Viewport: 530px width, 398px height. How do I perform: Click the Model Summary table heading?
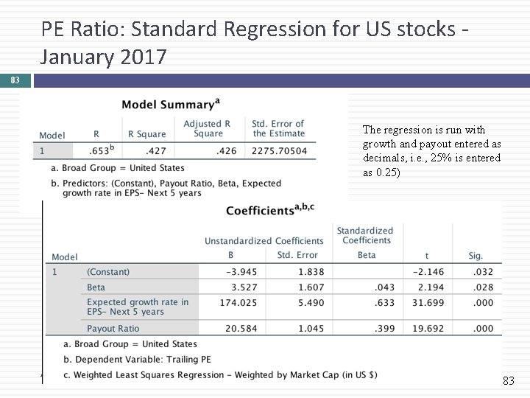coord(169,105)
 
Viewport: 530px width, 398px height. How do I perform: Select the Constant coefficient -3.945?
coord(242,272)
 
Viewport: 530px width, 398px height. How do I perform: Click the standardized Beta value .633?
coord(384,302)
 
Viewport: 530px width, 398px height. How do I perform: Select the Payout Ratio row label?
coord(113,329)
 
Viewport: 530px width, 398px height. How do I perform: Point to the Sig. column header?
coord(476,256)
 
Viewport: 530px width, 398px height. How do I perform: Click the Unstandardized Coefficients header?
coord(264,241)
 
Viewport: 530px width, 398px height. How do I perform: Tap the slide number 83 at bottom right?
coord(508,381)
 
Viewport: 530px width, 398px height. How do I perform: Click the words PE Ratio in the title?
coord(74,29)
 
